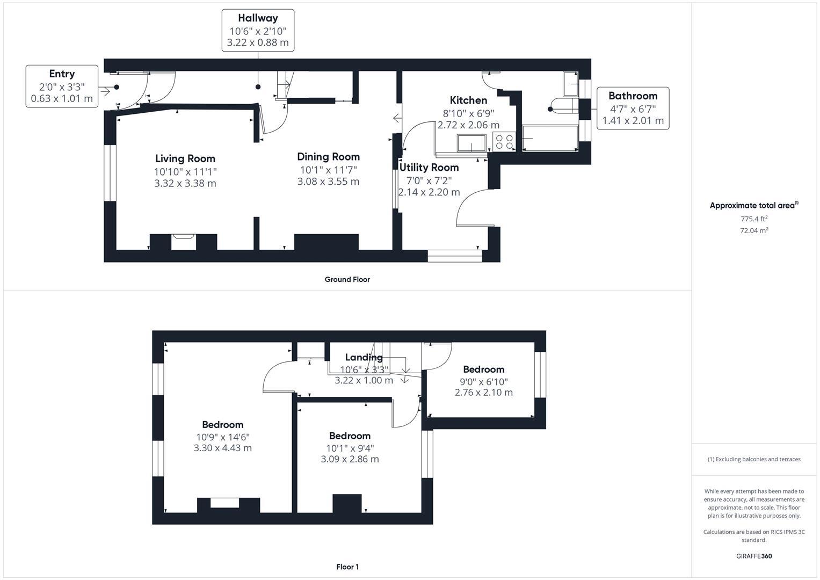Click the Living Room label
pyautogui.click(x=185, y=158)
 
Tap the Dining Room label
pyautogui.click(x=328, y=157)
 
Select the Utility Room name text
pyautogui.click(x=429, y=168)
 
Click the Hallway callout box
pyautogui.click(x=258, y=31)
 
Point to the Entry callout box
pyautogui.click(x=62, y=86)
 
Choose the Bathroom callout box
pyautogui.click(x=633, y=108)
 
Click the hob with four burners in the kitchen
pyautogui.click(x=504, y=142)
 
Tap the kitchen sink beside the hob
pyautogui.click(x=471, y=143)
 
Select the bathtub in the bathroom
pyautogui.click(x=550, y=138)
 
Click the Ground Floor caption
pyautogui.click(x=347, y=279)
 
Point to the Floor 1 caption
pyautogui.click(x=347, y=567)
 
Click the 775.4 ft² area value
pyautogui.click(x=754, y=219)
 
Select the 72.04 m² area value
pyautogui.click(x=754, y=230)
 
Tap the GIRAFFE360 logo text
pyautogui.click(x=754, y=556)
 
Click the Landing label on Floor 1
pyautogui.click(x=364, y=357)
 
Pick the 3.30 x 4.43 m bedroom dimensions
pyautogui.click(x=222, y=448)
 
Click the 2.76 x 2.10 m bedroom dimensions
pyautogui.click(x=484, y=393)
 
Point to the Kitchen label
pyautogui.click(x=468, y=100)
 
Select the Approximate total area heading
pyautogui.click(x=754, y=205)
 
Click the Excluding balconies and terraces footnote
pyautogui.click(x=754, y=459)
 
